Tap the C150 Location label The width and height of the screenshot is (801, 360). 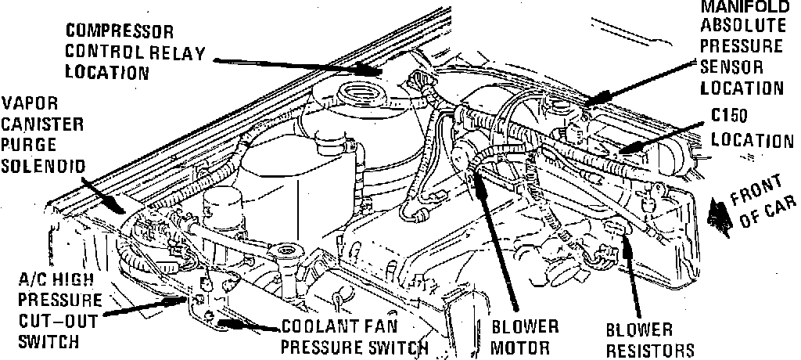749,129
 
